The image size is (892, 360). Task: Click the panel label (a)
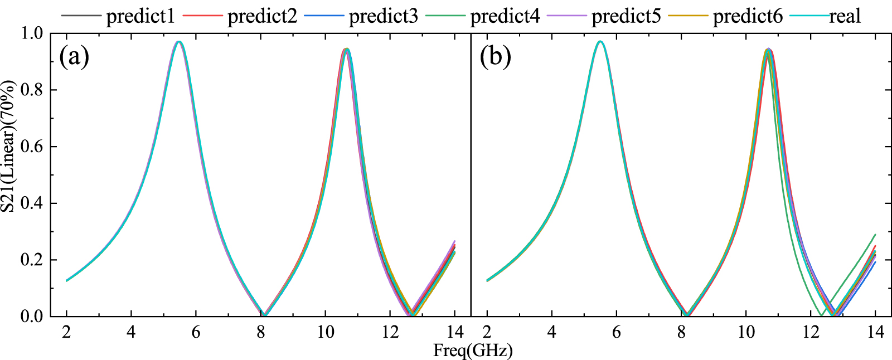coord(74,56)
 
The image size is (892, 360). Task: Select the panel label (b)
coord(496,56)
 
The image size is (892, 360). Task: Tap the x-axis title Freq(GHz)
coord(473,351)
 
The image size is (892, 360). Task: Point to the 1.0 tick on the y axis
coord(31,33)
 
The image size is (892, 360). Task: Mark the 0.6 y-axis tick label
coord(31,147)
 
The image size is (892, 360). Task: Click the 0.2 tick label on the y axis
coord(31,260)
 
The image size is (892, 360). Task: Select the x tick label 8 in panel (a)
coord(261,332)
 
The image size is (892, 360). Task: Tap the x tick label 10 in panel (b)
coord(746,332)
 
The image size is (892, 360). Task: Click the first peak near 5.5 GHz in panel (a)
coord(179,42)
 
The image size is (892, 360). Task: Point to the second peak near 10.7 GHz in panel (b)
coord(768,50)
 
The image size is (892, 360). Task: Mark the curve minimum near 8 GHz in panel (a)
coord(265,314)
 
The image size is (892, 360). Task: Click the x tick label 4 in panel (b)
coord(552,332)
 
